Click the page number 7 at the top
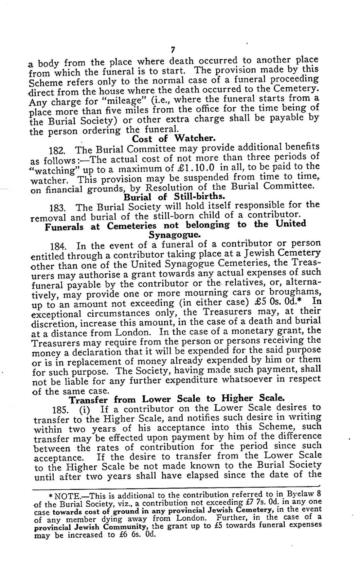173,50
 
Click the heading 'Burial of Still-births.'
174,197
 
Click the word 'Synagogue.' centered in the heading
174,235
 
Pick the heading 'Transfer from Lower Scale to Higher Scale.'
177,399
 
